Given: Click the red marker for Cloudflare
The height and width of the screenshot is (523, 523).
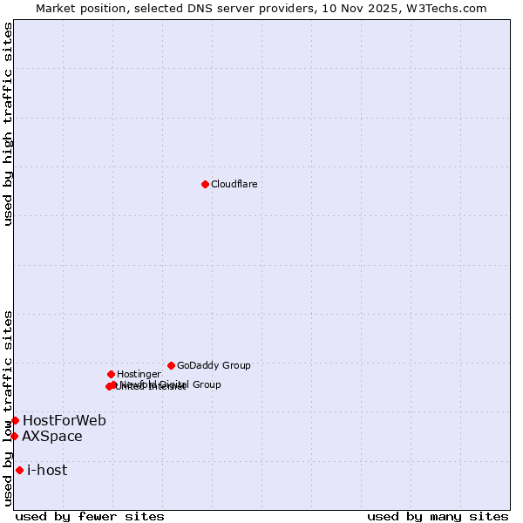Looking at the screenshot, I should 205,184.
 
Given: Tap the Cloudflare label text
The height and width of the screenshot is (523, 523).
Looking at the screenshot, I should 234,184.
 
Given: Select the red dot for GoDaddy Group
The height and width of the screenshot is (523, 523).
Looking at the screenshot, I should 171,365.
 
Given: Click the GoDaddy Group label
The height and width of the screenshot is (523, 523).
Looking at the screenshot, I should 214,365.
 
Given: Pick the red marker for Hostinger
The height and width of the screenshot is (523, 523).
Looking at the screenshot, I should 111,374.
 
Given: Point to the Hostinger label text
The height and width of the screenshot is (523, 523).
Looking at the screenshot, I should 139,374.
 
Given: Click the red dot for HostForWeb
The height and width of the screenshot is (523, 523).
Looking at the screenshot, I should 15,420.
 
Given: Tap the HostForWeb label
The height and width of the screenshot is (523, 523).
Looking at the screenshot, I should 65,421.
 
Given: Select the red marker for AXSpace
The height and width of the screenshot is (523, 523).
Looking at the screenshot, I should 14,436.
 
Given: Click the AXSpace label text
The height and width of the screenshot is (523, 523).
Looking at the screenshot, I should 52,437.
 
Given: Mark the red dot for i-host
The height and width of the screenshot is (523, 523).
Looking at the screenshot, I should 19,470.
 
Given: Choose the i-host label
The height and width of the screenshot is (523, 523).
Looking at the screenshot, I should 47,471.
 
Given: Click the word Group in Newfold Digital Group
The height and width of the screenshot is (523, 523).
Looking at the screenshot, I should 207,384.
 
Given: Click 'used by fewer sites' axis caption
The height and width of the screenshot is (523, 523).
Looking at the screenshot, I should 90,516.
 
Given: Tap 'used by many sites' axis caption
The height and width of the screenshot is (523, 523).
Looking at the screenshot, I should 438,516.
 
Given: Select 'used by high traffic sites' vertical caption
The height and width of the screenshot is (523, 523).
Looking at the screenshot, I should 9,125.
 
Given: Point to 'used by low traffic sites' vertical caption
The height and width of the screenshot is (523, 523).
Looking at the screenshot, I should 9,408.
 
